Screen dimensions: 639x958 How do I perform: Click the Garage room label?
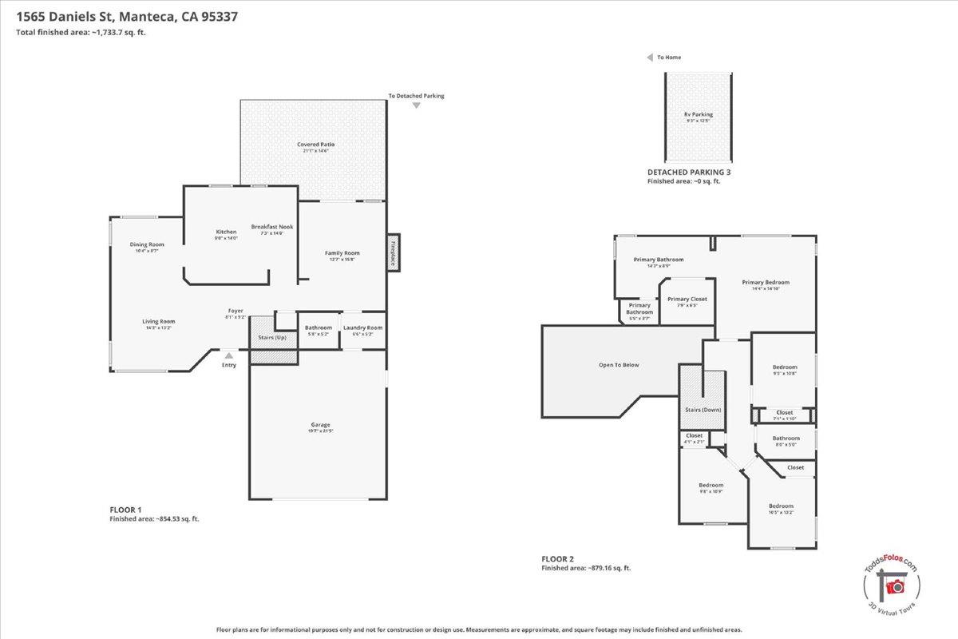click(x=320, y=425)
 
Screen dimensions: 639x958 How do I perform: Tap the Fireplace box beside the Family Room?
click(x=393, y=253)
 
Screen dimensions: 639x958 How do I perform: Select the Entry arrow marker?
click(x=229, y=355)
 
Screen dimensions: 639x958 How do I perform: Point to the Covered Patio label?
click(x=316, y=145)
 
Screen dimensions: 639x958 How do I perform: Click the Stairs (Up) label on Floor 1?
click(x=271, y=338)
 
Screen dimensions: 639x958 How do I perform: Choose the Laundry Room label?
click(x=362, y=327)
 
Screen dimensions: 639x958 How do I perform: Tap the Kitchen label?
click(x=226, y=232)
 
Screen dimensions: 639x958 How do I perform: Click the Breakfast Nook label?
click(x=272, y=227)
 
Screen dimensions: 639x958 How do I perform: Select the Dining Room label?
click(x=147, y=244)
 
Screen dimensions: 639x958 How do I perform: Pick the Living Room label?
click(x=159, y=321)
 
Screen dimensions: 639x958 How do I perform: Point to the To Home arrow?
click(x=650, y=58)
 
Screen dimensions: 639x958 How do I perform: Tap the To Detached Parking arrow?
click(x=416, y=105)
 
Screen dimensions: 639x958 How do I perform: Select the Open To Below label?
click(x=619, y=365)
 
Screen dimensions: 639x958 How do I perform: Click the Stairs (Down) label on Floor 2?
click(x=702, y=410)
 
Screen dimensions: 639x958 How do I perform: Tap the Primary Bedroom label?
click(x=765, y=282)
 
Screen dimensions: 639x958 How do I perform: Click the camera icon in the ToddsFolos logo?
click(x=896, y=587)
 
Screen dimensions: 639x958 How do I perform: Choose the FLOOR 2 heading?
click(x=557, y=559)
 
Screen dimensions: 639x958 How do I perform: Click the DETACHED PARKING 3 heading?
click(x=688, y=173)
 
